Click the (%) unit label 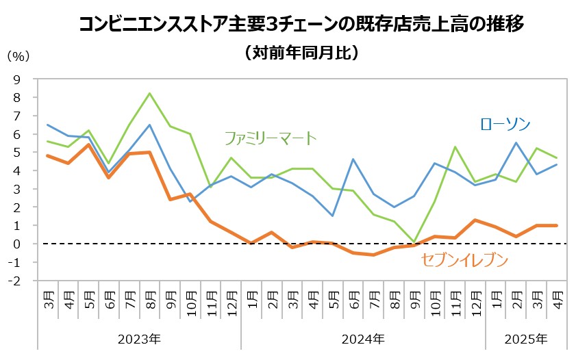tap(18, 55)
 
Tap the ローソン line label tap(505, 124)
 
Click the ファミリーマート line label tap(271, 138)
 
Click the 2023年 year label tap(139, 339)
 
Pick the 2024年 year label tap(363, 339)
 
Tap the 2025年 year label tap(526, 339)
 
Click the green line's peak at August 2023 tap(150, 93)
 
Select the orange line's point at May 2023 tap(88, 144)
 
